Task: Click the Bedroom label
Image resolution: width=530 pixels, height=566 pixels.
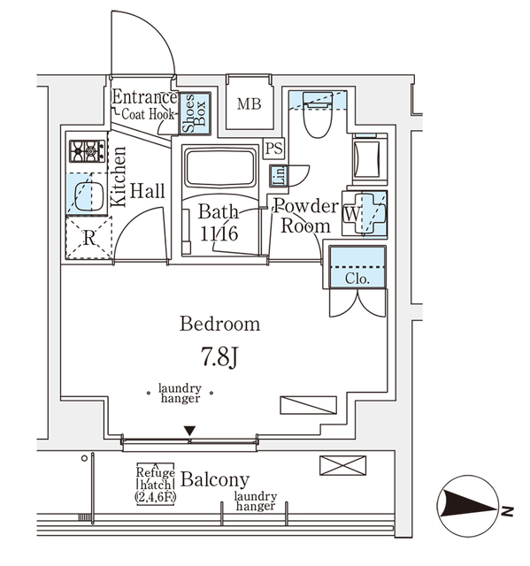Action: pyautogui.click(x=220, y=324)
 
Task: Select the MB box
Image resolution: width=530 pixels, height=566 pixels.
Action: pyautogui.click(x=249, y=104)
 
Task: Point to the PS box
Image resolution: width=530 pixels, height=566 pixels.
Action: pyautogui.click(x=274, y=149)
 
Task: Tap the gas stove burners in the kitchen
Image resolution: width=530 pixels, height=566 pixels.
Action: pyautogui.click(x=88, y=152)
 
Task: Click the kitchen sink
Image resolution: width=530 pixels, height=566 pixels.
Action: pyautogui.click(x=87, y=195)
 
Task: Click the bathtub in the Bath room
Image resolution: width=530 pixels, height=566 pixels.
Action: pyautogui.click(x=219, y=167)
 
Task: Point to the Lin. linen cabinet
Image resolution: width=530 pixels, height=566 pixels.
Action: pyautogui.click(x=277, y=175)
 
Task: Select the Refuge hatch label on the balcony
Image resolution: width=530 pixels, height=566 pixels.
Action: pyautogui.click(x=154, y=484)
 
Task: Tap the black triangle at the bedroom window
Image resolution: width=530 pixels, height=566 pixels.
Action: pyautogui.click(x=189, y=431)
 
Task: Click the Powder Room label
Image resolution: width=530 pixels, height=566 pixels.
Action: pyautogui.click(x=305, y=217)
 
